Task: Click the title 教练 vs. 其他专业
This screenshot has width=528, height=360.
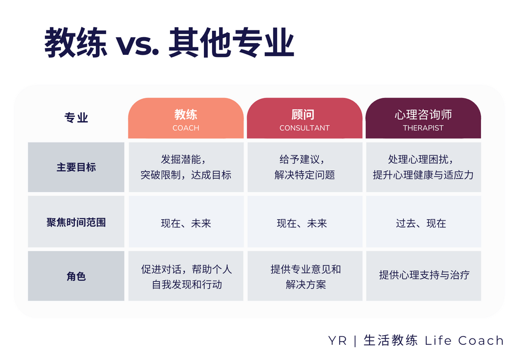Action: point(169,43)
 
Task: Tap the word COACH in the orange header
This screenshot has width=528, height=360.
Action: point(186,128)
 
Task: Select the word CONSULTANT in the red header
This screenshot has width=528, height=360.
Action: point(305,128)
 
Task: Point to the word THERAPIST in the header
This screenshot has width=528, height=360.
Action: point(423,128)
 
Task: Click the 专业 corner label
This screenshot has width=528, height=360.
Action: point(76,118)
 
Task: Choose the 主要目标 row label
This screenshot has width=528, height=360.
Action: point(76,167)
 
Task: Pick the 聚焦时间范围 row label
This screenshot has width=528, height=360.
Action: point(76,222)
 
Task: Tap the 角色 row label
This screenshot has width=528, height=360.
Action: point(76,276)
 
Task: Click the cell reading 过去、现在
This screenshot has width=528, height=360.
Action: point(421,223)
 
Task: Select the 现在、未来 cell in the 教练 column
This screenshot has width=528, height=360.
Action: point(186,223)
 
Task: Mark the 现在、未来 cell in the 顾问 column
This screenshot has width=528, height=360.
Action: point(302,223)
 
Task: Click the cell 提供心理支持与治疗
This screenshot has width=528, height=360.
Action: point(424,275)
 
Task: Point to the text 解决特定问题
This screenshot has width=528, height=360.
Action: point(305,175)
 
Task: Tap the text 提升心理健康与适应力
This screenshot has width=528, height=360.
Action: point(423,175)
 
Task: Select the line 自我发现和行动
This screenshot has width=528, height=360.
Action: point(187,285)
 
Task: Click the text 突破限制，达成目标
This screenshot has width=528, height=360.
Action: point(186,175)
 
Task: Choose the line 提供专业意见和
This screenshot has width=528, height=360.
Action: point(306,270)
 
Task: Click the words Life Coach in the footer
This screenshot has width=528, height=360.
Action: point(464,340)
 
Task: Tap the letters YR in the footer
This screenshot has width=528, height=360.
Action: point(337,341)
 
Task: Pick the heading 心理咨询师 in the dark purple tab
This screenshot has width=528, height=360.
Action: point(423,115)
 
